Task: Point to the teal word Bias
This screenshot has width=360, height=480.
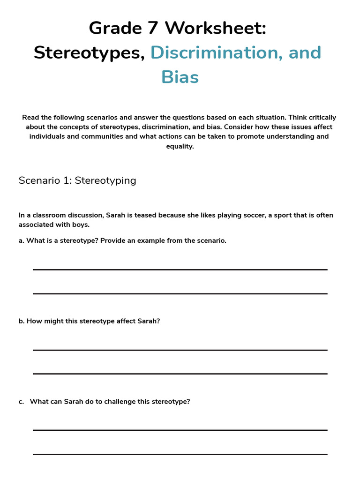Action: (x=180, y=77)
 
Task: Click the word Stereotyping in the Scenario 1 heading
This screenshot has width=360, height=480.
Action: (x=105, y=180)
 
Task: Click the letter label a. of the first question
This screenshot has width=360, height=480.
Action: (x=22, y=240)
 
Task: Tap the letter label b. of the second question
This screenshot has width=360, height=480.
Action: (x=22, y=321)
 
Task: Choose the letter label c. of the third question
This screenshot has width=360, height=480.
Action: (x=21, y=402)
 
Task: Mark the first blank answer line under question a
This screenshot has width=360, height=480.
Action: (x=180, y=270)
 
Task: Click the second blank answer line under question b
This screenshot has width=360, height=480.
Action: (x=180, y=374)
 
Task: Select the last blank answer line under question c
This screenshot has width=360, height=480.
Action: (x=180, y=454)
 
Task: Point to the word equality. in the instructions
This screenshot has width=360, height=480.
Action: (x=180, y=146)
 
